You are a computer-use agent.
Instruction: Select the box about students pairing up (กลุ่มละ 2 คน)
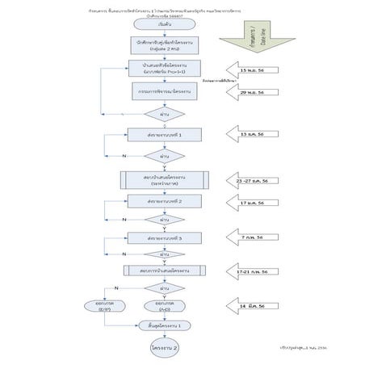164,45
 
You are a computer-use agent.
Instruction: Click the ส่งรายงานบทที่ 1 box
164,135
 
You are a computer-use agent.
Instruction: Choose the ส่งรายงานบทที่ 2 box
164,200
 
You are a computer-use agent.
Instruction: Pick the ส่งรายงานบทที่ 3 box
164,238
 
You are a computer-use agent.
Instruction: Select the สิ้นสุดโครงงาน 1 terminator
164,325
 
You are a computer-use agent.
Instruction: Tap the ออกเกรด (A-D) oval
164,306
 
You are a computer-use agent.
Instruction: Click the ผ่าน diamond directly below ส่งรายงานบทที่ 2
164,219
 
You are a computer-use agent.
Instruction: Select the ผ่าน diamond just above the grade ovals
164,287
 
